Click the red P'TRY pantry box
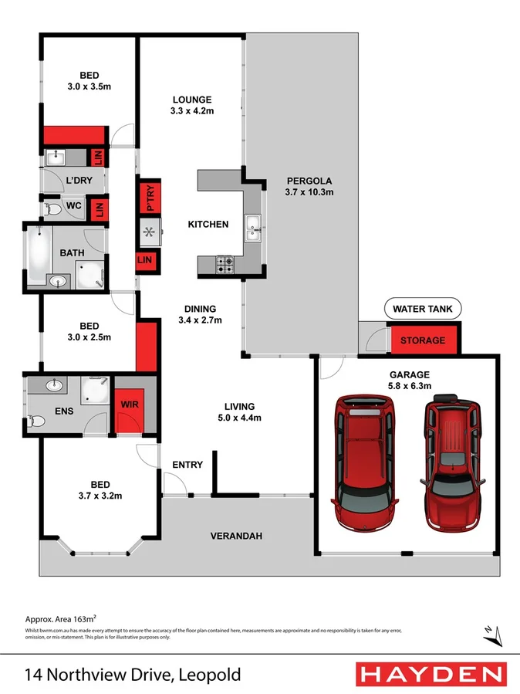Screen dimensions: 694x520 (150, 198)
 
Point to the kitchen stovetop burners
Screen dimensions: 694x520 (225, 264)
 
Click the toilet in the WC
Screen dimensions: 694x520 (54, 208)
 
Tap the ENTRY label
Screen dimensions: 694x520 (187, 465)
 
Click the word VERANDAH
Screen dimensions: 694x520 (237, 536)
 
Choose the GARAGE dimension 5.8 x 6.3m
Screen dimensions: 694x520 (409, 385)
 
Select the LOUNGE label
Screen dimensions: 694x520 (192, 100)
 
